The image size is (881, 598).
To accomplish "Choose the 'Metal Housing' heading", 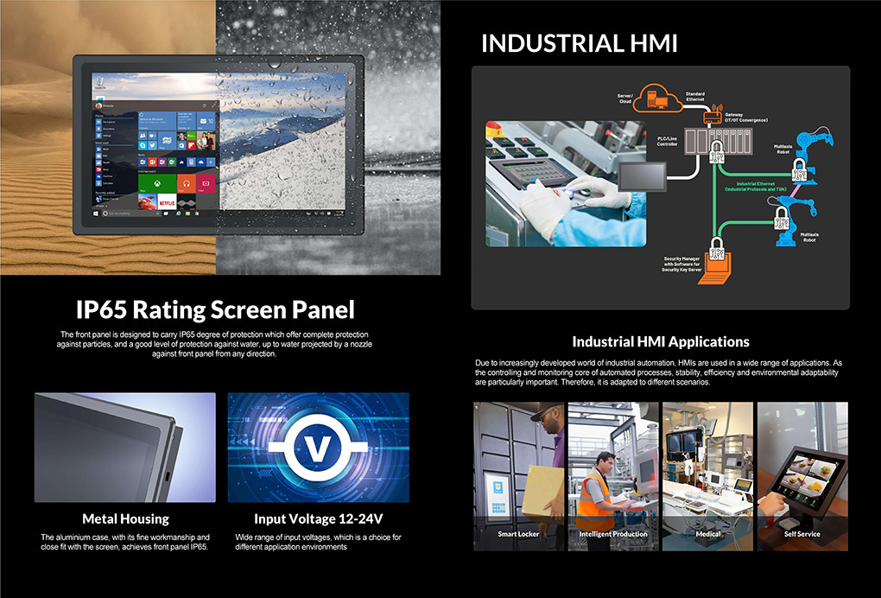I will tap(125, 519).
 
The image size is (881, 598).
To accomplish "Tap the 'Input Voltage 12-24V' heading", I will tap(319, 519).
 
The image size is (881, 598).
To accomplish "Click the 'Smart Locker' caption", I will tap(519, 534).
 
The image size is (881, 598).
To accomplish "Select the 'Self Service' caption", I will tap(802, 534).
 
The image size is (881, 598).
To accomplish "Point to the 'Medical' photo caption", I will tap(708, 534).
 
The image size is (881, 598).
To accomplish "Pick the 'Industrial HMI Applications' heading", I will tap(660, 341).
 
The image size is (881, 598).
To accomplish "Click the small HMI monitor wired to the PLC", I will tap(640, 179).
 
